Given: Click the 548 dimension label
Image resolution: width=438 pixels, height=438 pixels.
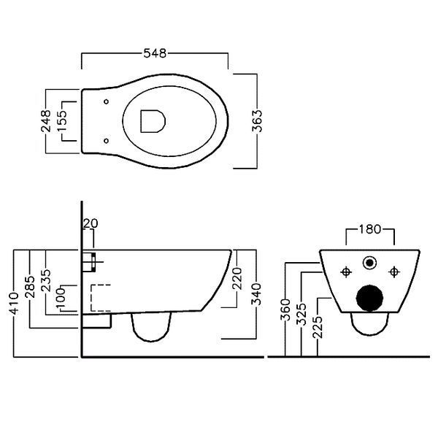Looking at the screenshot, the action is pos(155,53).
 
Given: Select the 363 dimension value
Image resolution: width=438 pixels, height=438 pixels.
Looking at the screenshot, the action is pos(257,120).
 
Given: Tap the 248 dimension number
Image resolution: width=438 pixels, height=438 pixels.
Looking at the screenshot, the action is pos(46,120).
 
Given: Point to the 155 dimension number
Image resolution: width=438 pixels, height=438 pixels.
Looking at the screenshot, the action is pos(62,120).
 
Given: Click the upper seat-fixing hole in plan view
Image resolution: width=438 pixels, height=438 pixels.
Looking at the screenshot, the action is pos(106,101).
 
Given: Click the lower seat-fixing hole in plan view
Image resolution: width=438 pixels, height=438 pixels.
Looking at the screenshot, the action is pos(106,141).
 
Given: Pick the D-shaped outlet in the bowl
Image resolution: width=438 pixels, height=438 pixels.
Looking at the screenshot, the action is pos(153,121).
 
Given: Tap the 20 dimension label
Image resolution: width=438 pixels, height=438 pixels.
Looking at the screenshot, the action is pos(91,223).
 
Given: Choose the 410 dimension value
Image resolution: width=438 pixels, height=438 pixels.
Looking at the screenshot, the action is pos(14,304).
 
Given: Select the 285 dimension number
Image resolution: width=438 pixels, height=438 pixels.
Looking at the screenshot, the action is pos(30,287).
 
